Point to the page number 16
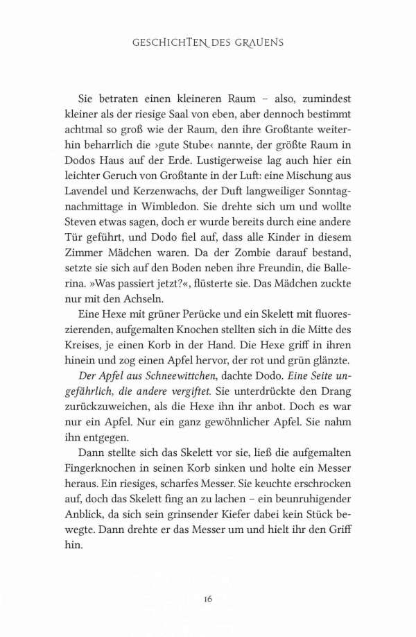pos(207,597)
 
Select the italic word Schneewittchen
pos(190,364)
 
